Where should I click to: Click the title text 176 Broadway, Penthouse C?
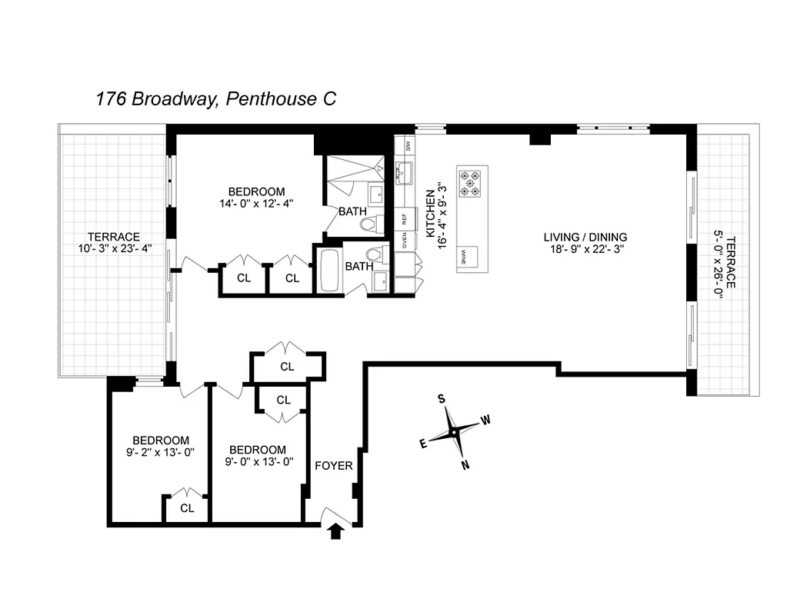[x=215, y=99]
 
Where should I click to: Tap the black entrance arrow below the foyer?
[x=336, y=531]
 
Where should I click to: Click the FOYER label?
[x=334, y=466]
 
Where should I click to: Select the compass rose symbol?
[x=455, y=432]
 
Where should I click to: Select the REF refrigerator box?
[x=405, y=218]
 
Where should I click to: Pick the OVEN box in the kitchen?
[x=405, y=243]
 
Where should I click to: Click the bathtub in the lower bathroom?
[x=328, y=270]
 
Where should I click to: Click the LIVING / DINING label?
[x=585, y=237]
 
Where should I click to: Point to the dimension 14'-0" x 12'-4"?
[x=256, y=204]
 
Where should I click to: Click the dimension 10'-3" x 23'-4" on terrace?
[x=114, y=249]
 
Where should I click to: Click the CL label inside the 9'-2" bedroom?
[x=187, y=508]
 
